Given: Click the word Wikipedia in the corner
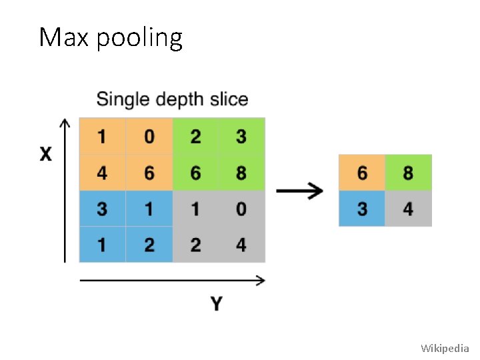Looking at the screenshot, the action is (x=445, y=348).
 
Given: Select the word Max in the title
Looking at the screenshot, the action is (x=64, y=38).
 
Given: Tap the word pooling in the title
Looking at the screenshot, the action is (x=139, y=39).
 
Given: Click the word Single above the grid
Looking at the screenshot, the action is (x=123, y=100).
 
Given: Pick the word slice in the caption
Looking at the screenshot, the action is (x=229, y=100).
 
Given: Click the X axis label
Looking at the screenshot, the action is (x=45, y=155).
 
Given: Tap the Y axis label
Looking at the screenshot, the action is (x=216, y=305).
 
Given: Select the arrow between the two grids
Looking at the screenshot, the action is (x=299, y=191).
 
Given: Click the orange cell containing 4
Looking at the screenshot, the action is (x=102, y=173).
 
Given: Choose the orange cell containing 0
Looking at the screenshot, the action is (x=149, y=137).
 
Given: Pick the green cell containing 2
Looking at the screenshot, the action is (x=195, y=137).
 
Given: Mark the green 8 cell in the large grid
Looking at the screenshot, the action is (x=241, y=173).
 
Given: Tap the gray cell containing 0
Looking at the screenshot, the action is (x=241, y=209).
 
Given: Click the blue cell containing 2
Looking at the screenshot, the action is (x=149, y=245).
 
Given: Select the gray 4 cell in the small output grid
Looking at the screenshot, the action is (x=408, y=209).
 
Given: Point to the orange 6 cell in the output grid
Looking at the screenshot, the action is (x=362, y=173).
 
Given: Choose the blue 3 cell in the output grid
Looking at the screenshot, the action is (x=362, y=209).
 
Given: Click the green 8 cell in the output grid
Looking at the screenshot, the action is (x=408, y=173).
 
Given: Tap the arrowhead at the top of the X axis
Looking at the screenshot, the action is (x=65, y=124).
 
